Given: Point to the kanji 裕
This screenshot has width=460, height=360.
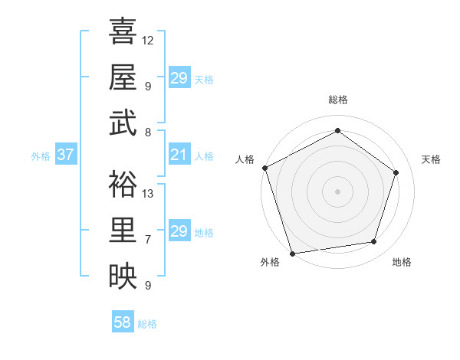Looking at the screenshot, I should tap(123, 183).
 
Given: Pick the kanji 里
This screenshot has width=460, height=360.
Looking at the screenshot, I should tap(123, 229).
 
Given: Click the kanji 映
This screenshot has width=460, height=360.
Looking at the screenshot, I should tap(123, 275).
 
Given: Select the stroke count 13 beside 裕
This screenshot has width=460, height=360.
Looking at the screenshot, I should tap(148, 193).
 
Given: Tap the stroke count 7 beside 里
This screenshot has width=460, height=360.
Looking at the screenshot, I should tap(148, 239).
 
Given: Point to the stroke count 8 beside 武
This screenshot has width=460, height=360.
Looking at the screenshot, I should tap(148, 132).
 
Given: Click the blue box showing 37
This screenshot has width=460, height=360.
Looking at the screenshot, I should tap(65, 155).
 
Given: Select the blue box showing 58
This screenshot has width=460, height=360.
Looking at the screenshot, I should tap(123, 322).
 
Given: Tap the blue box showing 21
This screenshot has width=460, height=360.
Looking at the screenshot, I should tap(179, 155).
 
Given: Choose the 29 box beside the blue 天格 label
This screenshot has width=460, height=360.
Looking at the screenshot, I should tap(179, 78).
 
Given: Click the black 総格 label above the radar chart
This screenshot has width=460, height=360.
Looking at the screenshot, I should tap(337, 100).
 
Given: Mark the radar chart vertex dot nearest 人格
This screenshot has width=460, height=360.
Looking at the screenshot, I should tap(264, 168).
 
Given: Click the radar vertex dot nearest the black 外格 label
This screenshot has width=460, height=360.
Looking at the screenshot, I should tap(292, 254).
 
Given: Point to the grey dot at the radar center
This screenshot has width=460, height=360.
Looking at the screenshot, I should tap(337, 191).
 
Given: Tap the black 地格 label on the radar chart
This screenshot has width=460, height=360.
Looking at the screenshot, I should tap(402, 262).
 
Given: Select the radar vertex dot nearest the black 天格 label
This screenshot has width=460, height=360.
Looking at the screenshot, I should tap(396, 172).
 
